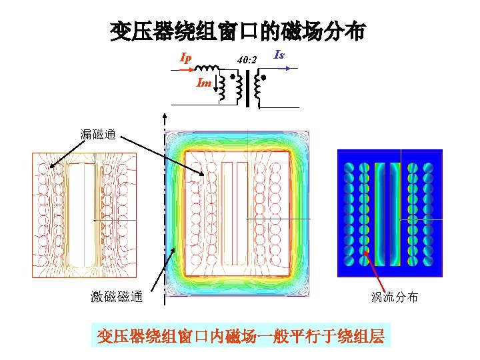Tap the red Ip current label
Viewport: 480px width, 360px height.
click(x=186, y=58)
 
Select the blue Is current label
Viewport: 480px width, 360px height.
click(x=279, y=55)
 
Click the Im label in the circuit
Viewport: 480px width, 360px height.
click(x=204, y=83)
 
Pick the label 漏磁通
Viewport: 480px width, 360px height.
click(x=97, y=136)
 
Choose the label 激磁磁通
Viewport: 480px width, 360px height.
click(x=117, y=297)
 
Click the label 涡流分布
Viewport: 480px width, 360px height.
click(x=395, y=297)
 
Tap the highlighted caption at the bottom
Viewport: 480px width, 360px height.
click(x=240, y=335)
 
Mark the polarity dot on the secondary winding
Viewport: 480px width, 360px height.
click(x=263, y=78)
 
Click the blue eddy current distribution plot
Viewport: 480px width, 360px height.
click(x=390, y=212)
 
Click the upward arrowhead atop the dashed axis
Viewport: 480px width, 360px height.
click(x=165, y=116)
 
